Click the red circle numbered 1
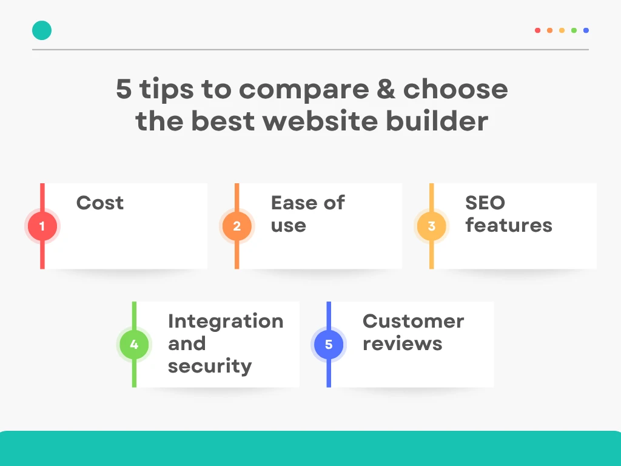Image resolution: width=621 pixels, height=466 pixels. tap(42, 226)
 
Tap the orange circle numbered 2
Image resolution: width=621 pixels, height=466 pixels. tap(237, 226)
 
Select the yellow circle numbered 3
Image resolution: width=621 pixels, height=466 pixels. tap(432, 226)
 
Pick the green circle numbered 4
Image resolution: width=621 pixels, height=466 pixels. tap(134, 345)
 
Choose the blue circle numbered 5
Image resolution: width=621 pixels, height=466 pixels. tap(329, 345)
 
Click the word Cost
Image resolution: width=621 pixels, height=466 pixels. tap(100, 203)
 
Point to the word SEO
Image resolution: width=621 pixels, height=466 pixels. tap(485, 203)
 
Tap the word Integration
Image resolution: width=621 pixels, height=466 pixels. tap(226, 321)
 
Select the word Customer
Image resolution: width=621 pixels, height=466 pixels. tap(413, 321)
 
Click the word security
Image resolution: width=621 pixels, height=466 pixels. tap(210, 366)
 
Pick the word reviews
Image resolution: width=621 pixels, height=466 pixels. tap(403, 344)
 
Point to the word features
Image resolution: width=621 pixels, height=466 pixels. tap(509, 225)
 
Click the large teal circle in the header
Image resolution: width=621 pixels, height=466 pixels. tap(42, 30)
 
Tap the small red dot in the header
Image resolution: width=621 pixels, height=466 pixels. tap(537, 30)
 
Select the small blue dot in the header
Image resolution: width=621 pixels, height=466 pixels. tap(586, 30)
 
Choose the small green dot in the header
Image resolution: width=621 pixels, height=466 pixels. tap(574, 30)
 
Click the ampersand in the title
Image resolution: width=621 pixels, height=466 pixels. tap(386, 89)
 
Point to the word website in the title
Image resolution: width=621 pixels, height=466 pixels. tap(320, 121)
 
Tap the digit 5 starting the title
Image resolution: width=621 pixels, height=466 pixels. tap(124, 89)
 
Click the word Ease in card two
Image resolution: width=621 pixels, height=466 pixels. tap(294, 203)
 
